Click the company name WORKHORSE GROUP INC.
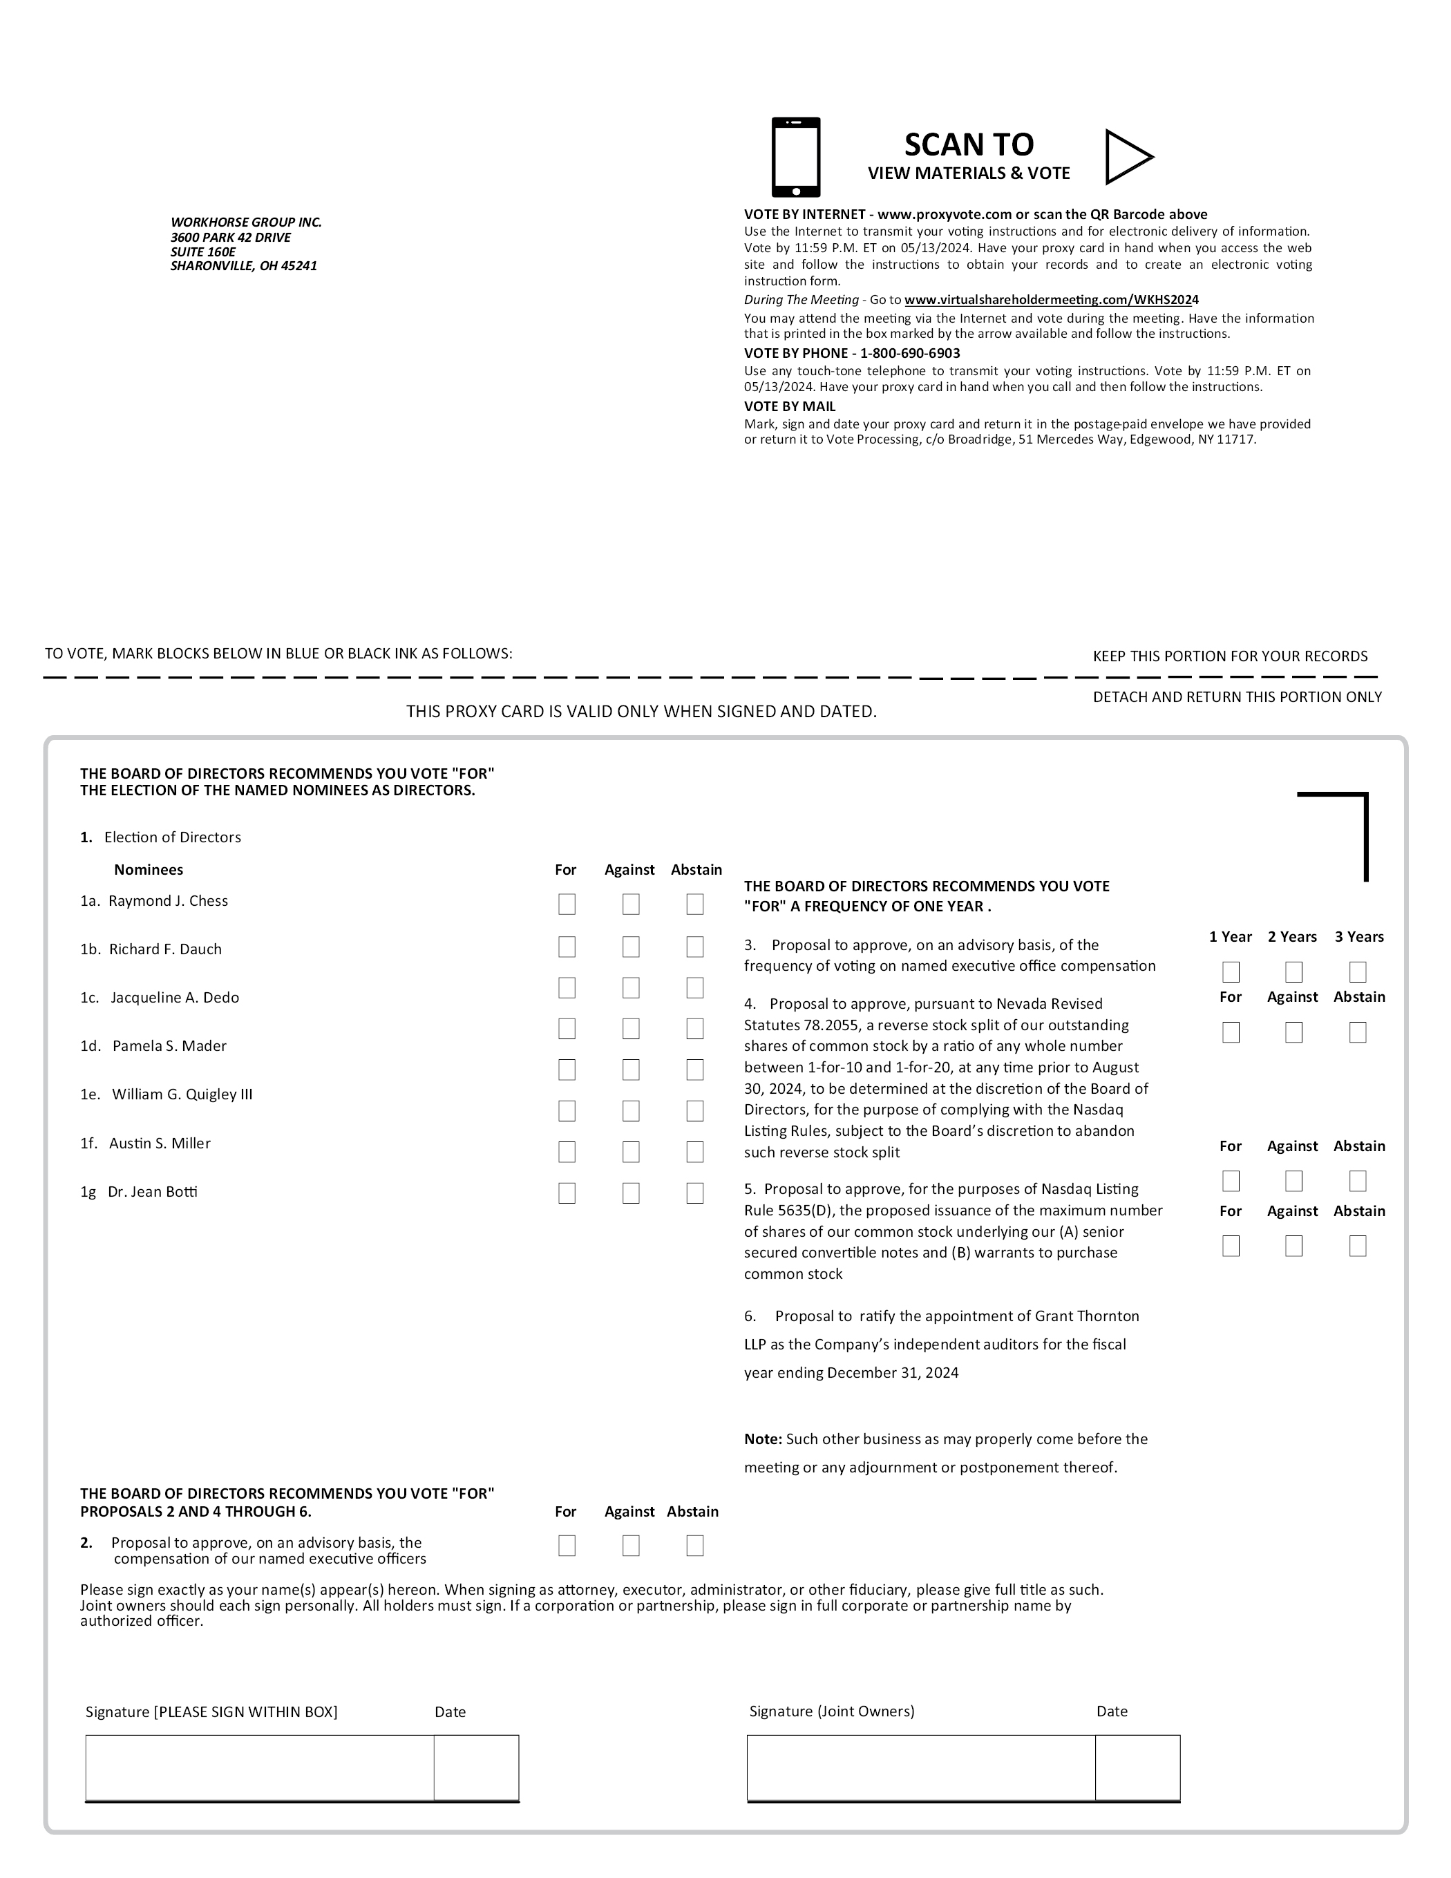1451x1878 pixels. pyautogui.click(x=246, y=222)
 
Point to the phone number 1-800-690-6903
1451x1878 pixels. pyautogui.click(x=910, y=353)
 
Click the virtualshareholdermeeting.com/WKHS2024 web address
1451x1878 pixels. pyautogui.click(x=1051, y=300)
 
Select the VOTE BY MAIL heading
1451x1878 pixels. pyautogui.click(x=790, y=407)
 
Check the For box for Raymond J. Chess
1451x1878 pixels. pyautogui.click(x=567, y=904)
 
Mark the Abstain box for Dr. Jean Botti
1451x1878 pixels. pyautogui.click(x=695, y=1193)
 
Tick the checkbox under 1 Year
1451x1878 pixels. pyautogui.click(x=1231, y=973)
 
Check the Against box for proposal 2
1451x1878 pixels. pyautogui.click(x=630, y=1546)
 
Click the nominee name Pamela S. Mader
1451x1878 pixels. pyautogui.click(x=169, y=1047)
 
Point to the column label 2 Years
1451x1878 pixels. pyautogui.click(x=1292, y=938)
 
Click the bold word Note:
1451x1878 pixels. pyautogui.click(x=763, y=1439)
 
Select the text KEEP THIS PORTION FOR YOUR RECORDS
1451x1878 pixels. pyautogui.click(x=1230, y=657)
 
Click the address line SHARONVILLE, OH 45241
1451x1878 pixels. pyautogui.click(x=243, y=267)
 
